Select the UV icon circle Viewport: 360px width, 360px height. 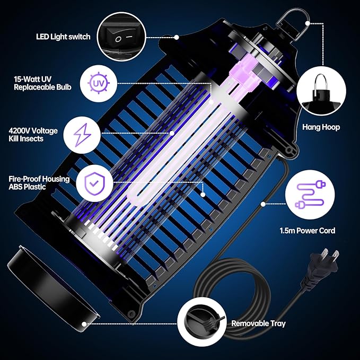96,84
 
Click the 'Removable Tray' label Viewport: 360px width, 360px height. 258,323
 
